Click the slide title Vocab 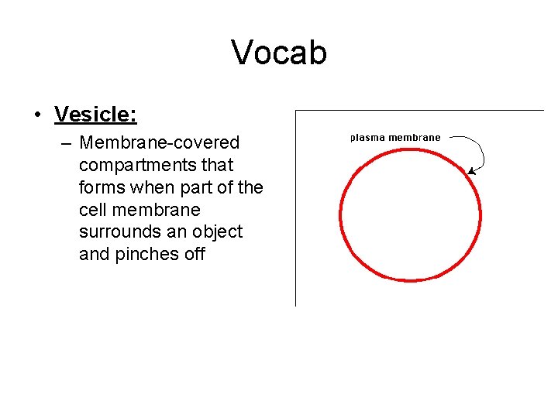pos(279,53)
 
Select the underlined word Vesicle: pos(95,115)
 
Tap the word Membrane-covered pos(159,143)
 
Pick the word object pos(218,232)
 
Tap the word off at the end pos(194,255)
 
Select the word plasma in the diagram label pos(367,138)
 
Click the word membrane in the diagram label pos(415,138)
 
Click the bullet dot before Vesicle pos(37,116)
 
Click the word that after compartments pos(217,166)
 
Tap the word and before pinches pos(95,255)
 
